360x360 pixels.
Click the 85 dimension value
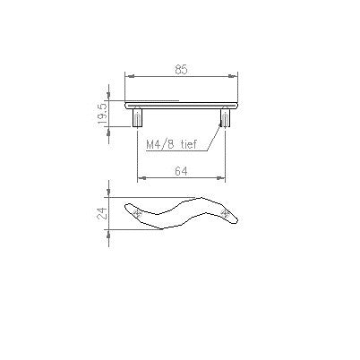pos(181,70)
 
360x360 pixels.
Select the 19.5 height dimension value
pos(103,114)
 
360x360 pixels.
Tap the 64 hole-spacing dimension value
pos(181,171)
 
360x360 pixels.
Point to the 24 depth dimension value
pos(103,213)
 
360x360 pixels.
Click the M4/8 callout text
pos(160,145)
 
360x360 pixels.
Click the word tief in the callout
pos(189,144)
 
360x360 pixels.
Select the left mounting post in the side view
pos(137,117)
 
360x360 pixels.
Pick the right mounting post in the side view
pos(225,117)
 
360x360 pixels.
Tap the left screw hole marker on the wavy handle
pos(137,213)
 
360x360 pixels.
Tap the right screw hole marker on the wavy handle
pos(225,212)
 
